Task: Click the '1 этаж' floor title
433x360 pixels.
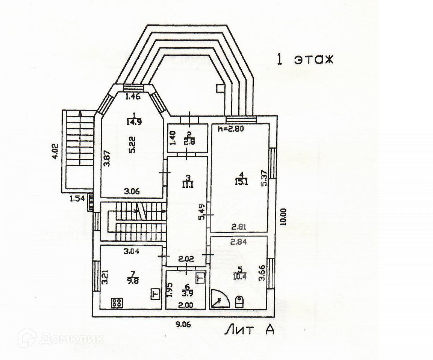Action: pos(305,59)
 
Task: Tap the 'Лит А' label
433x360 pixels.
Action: pos(250,330)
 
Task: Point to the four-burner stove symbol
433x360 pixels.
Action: pos(117,302)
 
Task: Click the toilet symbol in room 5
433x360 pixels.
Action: pos(239,302)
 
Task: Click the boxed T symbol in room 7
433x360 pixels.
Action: pos(154,293)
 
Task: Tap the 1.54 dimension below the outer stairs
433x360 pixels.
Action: pos(77,198)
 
